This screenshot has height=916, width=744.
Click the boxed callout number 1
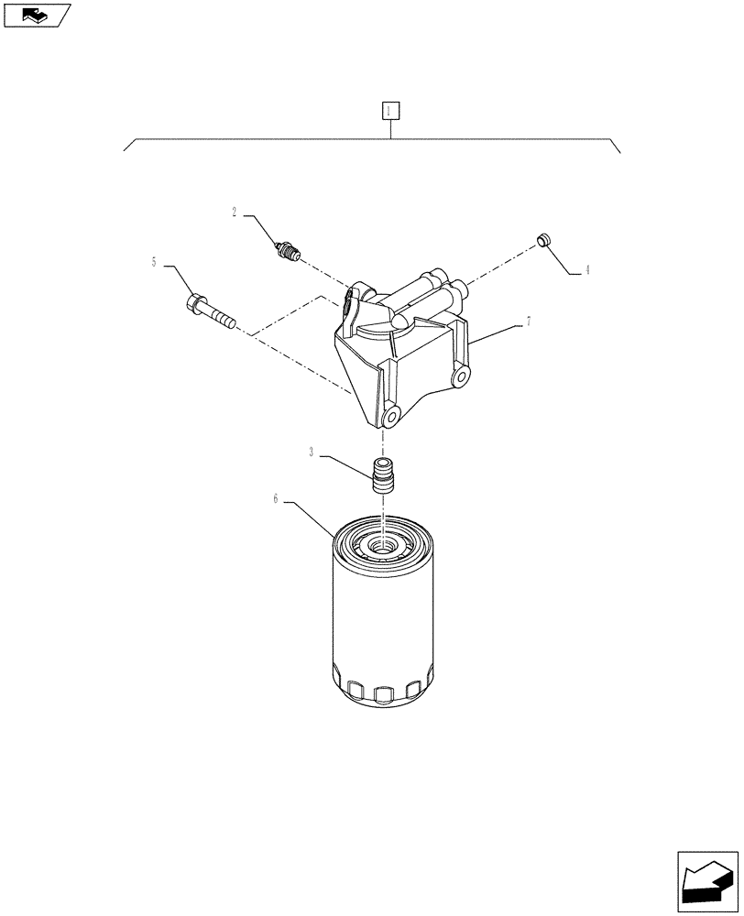click(x=390, y=111)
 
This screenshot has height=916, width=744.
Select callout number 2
click(x=235, y=213)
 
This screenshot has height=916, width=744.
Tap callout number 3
click(x=312, y=453)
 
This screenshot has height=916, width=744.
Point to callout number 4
click(x=587, y=269)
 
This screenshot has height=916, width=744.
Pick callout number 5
click(x=154, y=262)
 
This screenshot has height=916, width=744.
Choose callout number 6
click(x=276, y=499)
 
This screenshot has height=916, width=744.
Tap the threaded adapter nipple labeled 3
click(x=382, y=474)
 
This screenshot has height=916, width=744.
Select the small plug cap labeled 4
click(x=542, y=240)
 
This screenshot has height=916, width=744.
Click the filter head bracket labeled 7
click(x=403, y=357)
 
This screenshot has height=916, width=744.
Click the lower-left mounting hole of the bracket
click(x=392, y=416)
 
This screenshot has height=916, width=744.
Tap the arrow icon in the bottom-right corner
click(x=707, y=881)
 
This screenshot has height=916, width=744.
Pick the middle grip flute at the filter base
click(x=380, y=692)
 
